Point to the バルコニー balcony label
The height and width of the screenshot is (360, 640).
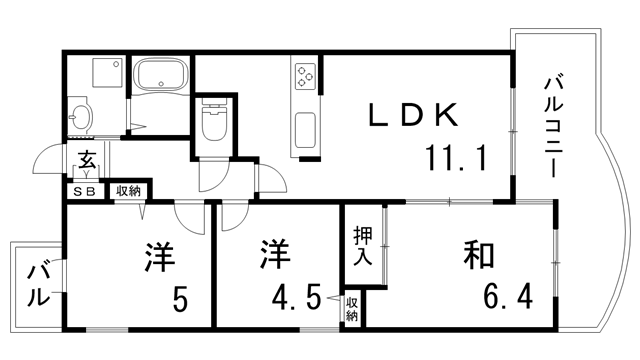[552, 125]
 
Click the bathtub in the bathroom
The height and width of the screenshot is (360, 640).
[162, 77]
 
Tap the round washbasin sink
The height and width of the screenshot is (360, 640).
[81, 118]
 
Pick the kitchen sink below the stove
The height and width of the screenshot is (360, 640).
[305, 130]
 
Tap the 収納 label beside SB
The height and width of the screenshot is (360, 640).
[127, 190]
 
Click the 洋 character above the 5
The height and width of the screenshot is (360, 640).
[159, 255]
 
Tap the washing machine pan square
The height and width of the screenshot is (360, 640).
[104, 71]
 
